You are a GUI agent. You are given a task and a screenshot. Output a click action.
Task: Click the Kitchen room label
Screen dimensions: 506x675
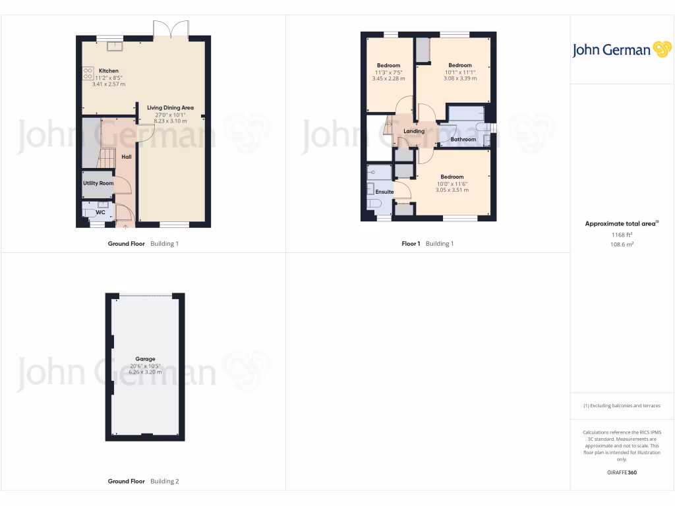tap(109, 70)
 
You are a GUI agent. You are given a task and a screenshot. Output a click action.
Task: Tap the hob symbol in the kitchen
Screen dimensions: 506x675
tap(87, 73)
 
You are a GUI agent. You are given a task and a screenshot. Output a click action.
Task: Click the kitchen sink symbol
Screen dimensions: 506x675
tap(115, 45)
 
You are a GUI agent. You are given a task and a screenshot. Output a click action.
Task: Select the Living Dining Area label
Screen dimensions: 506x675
tap(170, 107)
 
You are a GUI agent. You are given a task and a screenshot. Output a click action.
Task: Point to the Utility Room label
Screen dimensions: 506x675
tap(98, 183)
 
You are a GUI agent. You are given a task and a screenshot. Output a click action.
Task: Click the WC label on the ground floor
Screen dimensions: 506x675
tap(101, 212)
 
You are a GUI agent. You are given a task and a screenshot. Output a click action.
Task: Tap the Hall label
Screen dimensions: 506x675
tap(127, 157)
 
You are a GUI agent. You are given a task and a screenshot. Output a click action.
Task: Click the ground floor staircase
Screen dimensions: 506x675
tap(107, 158)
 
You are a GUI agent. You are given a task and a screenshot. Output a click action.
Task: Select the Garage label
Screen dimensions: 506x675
tap(145, 359)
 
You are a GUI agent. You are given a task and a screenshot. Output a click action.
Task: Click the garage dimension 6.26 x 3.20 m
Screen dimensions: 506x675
tap(145, 372)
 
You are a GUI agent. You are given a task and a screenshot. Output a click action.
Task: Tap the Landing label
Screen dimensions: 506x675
tap(414, 131)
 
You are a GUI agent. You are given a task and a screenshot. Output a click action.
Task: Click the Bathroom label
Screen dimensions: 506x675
tap(463, 140)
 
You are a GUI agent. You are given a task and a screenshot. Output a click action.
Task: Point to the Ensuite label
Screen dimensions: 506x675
tap(384, 192)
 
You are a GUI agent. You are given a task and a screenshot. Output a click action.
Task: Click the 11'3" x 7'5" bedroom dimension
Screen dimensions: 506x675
tap(388, 72)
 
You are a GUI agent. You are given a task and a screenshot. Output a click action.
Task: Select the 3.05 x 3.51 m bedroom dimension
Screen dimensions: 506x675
tap(452, 190)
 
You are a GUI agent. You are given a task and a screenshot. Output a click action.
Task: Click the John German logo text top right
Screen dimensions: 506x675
tap(611, 50)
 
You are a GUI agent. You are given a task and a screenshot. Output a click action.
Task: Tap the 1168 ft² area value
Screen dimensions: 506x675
tap(622, 235)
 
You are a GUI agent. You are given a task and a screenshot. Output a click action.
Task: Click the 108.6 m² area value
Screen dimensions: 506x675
tap(622, 244)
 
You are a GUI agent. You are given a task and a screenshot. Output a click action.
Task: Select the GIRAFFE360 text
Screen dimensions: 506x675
tap(622, 472)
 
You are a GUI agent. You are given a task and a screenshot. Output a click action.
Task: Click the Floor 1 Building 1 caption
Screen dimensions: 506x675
tap(428, 244)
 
